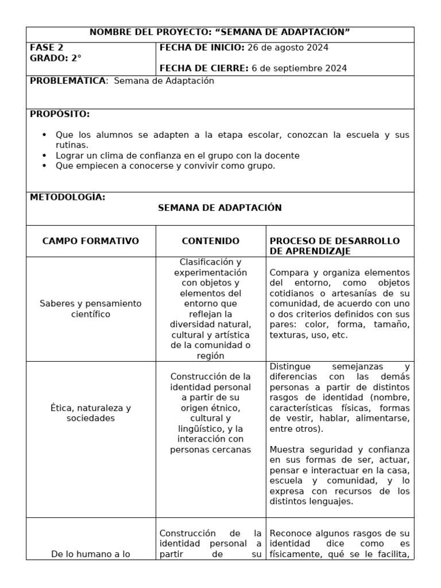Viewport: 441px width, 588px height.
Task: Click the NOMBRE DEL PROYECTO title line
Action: point(220,32)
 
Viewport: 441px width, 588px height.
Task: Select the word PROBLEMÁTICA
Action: point(68,81)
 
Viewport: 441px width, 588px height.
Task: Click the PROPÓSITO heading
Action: point(60,114)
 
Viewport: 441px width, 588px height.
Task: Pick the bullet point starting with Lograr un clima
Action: point(177,156)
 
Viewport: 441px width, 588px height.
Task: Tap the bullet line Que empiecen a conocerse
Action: point(165,166)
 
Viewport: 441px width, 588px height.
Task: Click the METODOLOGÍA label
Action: point(67,197)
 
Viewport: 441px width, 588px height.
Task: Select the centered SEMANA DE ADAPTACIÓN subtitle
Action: point(220,208)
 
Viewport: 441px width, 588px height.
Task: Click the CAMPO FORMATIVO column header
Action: point(91,241)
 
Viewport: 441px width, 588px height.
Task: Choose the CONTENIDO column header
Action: point(211,241)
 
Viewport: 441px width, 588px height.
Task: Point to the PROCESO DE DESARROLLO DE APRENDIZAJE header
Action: point(335,246)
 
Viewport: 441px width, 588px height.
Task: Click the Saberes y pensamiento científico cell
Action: point(91,308)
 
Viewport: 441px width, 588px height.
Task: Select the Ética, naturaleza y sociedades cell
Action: point(91,413)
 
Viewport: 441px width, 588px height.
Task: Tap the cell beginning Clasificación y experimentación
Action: point(211,308)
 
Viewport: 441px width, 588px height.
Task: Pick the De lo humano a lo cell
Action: point(91,554)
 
